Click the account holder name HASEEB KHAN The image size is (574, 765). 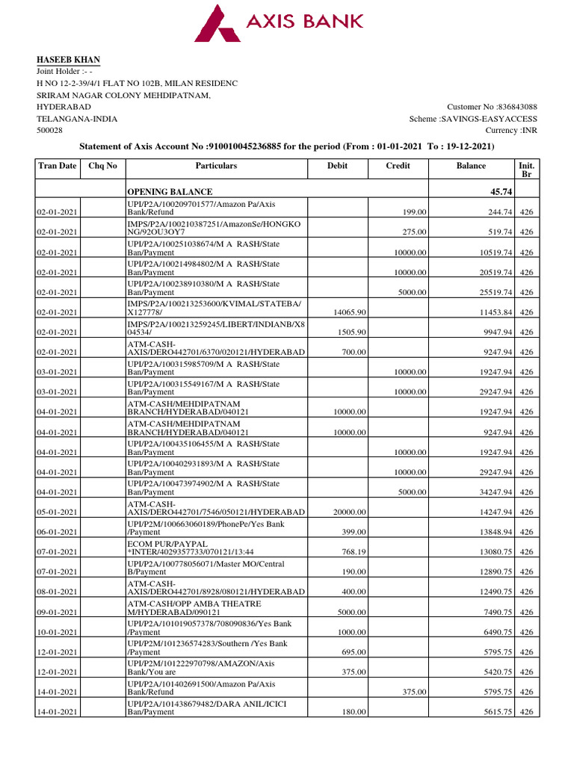(x=69, y=60)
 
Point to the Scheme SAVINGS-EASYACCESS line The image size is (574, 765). (x=473, y=118)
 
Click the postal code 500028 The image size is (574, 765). (x=51, y=130)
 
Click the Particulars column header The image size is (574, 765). (x=216, y=166)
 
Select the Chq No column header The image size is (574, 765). (x=102, y=166)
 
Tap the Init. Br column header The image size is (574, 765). (x=526, y=170)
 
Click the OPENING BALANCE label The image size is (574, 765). (x=170, y=192)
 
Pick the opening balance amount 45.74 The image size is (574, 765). (x=500, y=192)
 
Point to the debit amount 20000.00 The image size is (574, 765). (x=347, y=512)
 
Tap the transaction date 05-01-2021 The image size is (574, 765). (x=58, y=512)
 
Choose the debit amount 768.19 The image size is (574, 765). (x=351, y=552)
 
